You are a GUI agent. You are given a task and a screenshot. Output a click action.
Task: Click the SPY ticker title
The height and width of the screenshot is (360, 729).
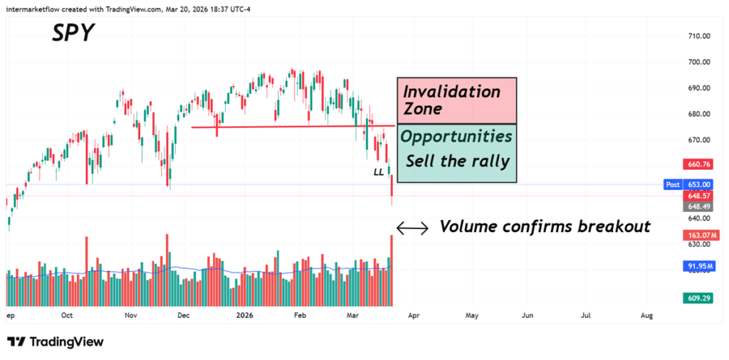pos(73,32)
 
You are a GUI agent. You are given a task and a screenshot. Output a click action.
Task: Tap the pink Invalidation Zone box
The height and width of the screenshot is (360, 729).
pos(456,100)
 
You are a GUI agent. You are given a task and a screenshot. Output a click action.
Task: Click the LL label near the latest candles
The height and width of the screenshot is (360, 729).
pos(378,172)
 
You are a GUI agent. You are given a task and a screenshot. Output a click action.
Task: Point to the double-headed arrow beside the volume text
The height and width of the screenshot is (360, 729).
pos(412,228)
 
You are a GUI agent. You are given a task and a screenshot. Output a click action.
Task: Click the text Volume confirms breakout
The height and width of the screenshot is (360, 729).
pos(545,227)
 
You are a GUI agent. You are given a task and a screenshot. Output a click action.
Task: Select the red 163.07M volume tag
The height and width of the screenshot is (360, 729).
pos(700,235)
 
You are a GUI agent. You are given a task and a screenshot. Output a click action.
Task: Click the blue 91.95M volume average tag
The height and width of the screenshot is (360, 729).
pos(700,267)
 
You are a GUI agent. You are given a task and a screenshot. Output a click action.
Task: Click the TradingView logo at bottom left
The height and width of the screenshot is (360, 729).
pos(56,342)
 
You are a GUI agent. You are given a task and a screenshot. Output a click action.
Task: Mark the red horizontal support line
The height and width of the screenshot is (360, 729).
pos(285,127)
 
